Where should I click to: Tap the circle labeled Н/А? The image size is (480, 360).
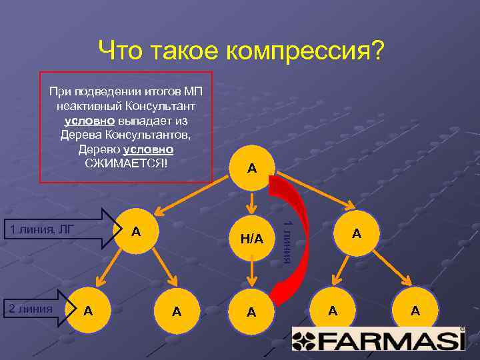[251, 239]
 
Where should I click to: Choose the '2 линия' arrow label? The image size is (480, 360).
[29, 308]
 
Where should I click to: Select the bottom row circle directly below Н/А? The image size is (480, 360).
[251, 311]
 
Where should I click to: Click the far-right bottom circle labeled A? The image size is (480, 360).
[415, 310]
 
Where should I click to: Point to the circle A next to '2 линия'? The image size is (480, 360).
[88, 310]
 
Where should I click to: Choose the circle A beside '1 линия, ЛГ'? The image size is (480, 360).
[136, 231]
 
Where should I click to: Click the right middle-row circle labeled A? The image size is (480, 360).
[356, 233]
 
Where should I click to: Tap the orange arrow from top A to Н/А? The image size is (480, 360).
[251, 201]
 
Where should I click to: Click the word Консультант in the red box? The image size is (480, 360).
[155, 105]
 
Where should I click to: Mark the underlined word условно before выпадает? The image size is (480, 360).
[90, 120]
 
